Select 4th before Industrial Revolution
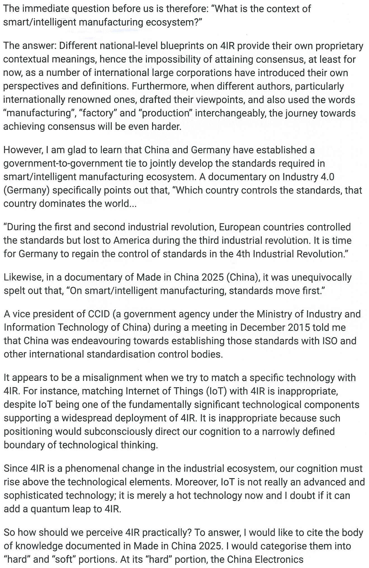243,254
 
